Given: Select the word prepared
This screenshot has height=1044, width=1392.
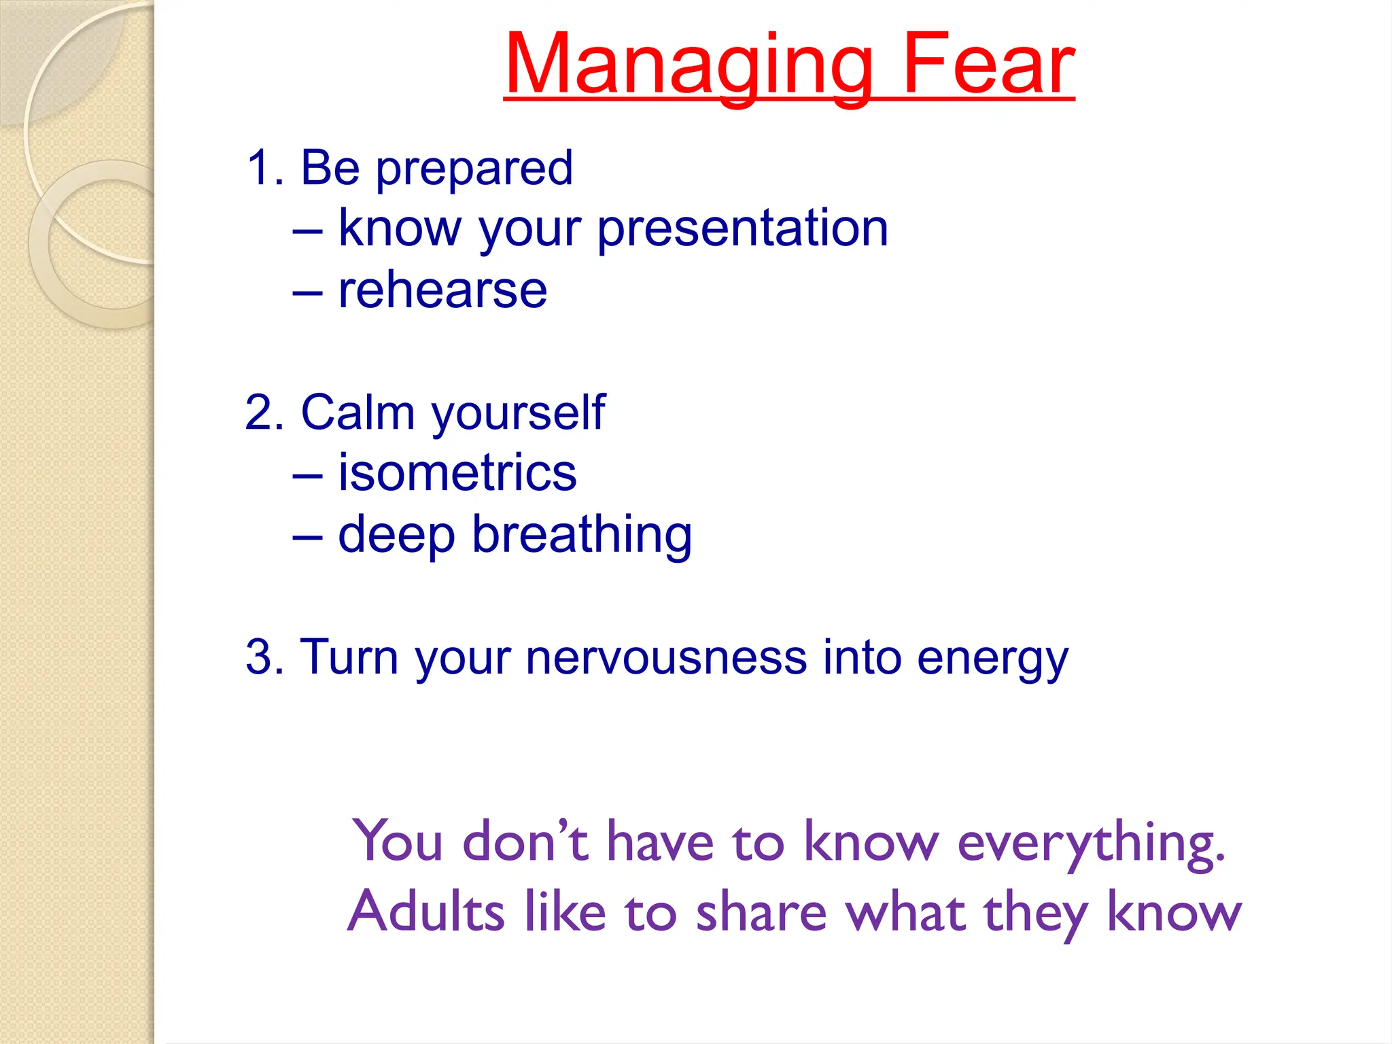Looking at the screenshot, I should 474,170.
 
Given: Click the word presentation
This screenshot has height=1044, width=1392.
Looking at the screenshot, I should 742,230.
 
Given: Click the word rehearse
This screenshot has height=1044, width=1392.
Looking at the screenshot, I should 442,291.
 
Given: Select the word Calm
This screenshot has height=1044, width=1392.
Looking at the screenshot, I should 358,413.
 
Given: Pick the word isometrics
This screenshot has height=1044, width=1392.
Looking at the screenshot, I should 457,473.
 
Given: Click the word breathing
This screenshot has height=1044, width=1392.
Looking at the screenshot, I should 582,537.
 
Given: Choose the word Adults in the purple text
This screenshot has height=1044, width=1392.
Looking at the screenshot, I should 426,911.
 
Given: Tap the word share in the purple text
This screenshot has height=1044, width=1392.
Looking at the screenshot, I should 761,911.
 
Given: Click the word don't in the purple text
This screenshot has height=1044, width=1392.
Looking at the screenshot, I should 525,842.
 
